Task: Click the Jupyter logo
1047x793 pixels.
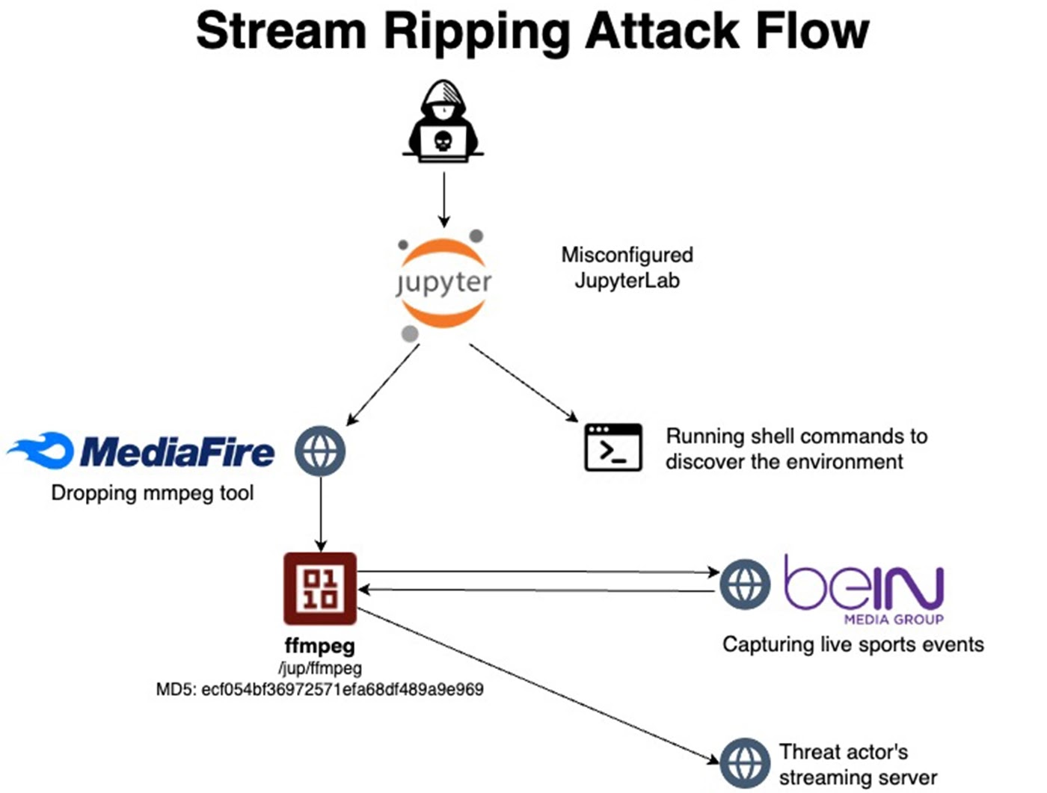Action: click(443, 283)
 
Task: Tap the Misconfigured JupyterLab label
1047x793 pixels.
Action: click(627, 268)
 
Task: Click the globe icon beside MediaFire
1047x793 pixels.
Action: click(320, 451)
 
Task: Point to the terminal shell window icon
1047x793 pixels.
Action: click(613, 448)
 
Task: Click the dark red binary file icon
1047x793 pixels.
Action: click(320, 588)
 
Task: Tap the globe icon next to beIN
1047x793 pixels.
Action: click(745, 584)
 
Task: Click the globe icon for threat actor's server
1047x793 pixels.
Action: click(745, 763)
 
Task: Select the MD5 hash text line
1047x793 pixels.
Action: click(319, 689)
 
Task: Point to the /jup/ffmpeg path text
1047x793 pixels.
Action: click(320, 668)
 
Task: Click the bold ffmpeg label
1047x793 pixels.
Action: click(320, 646)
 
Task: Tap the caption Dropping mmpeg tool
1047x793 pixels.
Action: click(153, 493)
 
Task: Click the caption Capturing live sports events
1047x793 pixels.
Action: click(853, 644)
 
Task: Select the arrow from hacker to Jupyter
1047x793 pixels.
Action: click(444, 199)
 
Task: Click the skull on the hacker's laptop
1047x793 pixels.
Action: click(443, 141)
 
